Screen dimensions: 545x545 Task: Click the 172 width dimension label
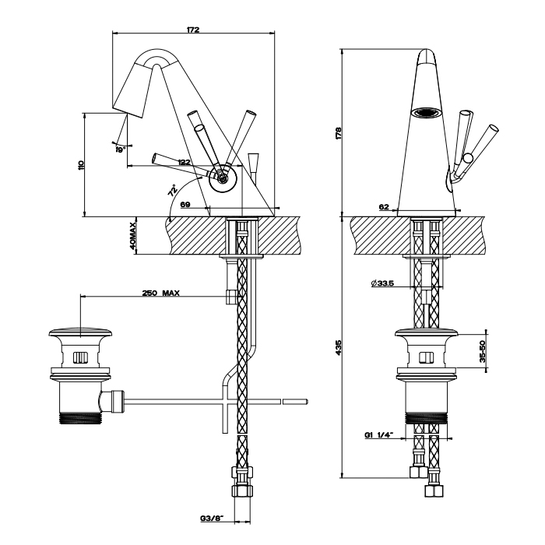click(194, 30)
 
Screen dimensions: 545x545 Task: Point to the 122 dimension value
click(184, 162)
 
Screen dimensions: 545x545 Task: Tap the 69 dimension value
click(185, 204)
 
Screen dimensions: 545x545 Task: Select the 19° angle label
click(121, 149)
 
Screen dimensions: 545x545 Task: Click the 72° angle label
click(171, 189)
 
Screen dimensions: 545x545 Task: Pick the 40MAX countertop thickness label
click(134, 235)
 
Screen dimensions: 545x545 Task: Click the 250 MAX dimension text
click(161, 293)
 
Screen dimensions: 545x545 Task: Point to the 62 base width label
click(384, 207)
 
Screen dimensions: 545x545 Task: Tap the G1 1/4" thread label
click(379, 436)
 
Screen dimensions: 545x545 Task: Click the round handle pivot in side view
click(223, 178)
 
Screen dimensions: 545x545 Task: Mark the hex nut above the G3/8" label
click(243, 473)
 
